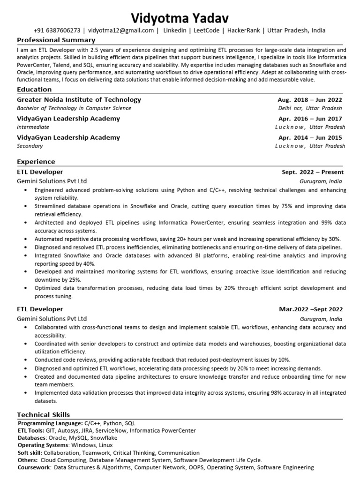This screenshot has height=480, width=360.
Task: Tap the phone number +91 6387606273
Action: [x=57, y=30]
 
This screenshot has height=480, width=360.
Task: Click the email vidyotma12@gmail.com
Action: [x=121, y=30]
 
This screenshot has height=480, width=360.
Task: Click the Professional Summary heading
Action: [x=56, y=40]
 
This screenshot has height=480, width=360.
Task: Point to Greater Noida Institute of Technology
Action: [x=79, y=99]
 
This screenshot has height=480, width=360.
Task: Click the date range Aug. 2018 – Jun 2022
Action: [x=310, y=100]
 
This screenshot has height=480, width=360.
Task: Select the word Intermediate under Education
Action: [x=33, y=127]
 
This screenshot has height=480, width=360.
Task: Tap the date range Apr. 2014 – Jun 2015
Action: [x=310, y=138]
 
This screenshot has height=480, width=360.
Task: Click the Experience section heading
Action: [x=36, y=162]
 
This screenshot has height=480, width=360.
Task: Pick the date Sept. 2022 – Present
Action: [x=312, y=172]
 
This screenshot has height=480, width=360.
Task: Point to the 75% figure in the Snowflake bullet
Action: [x=286, y=206]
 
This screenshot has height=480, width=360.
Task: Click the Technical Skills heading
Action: [x=44, y=414]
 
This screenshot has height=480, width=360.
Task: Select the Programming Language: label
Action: [x=50, y=423]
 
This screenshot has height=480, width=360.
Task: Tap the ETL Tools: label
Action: [x=31, y=430]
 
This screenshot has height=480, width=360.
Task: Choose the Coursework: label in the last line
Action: [x=34, y=467]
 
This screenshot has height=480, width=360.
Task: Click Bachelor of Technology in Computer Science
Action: [x=74, y=108]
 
